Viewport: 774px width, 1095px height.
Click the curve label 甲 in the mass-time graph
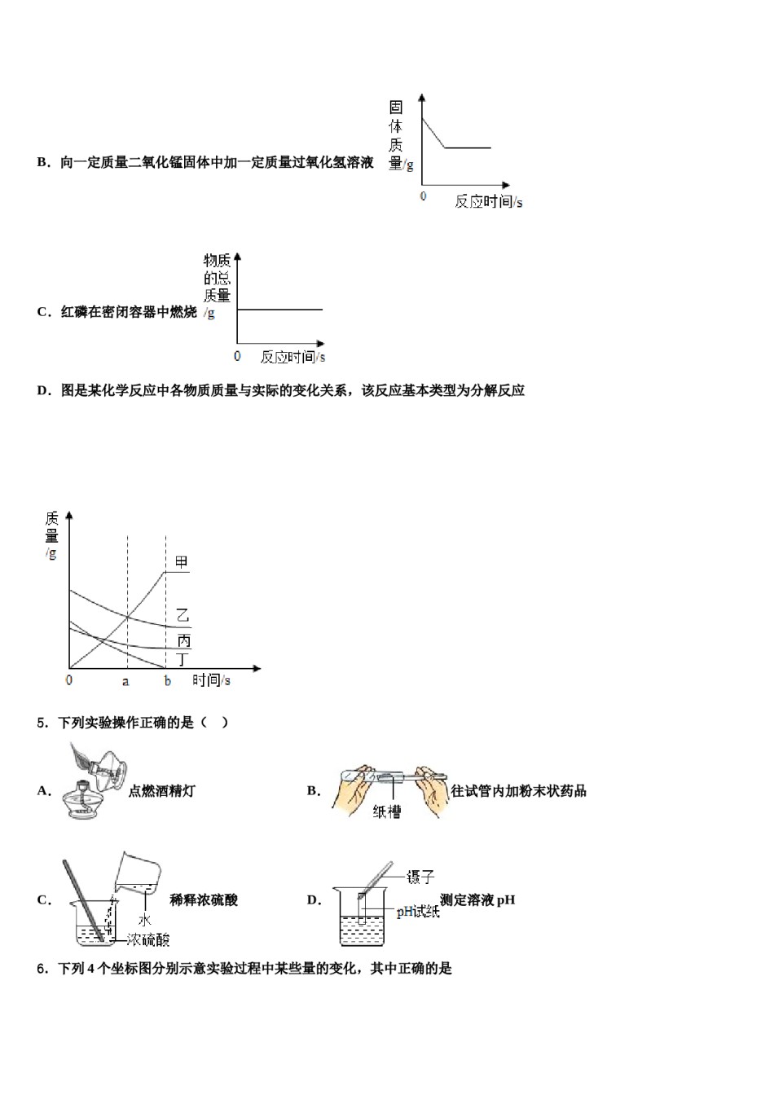181,562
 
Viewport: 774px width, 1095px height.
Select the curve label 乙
183,616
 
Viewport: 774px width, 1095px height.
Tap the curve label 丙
184,641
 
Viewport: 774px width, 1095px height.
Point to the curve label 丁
183,659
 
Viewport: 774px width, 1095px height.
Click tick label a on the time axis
125,681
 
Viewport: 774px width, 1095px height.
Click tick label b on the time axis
167,681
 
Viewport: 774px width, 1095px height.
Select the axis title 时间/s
211,680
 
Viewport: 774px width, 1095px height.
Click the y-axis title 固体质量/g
398,136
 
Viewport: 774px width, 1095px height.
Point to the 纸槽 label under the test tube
387,811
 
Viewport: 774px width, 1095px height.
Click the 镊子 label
420,877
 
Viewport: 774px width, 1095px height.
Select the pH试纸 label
418,912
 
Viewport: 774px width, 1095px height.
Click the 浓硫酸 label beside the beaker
148,940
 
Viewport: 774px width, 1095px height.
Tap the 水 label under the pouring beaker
144,921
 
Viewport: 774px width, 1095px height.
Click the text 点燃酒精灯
161,791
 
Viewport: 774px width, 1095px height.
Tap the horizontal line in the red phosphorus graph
279,310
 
